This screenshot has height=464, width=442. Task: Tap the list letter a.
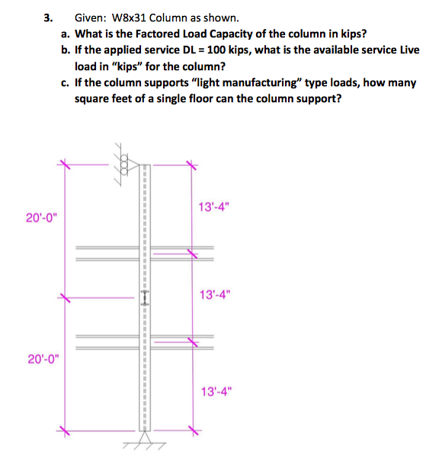(x=66, y=34)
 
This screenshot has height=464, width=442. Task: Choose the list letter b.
(x=66, y=50)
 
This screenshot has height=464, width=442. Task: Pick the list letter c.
(x=66, y=83)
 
